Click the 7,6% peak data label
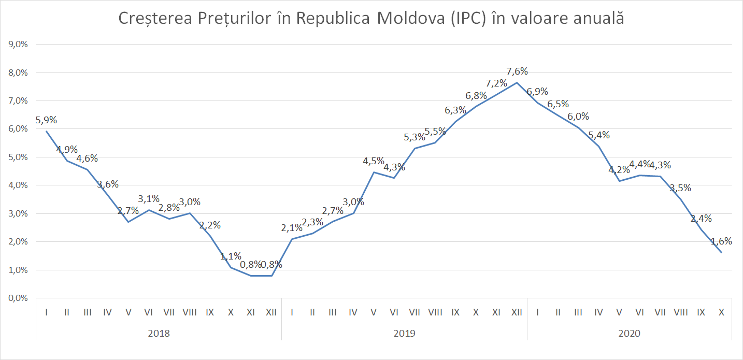(518, 71)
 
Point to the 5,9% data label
(46, 120)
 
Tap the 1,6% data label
(721, 241)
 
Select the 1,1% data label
(231, 256)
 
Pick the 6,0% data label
(578, 117)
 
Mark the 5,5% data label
(435, 132)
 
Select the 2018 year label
(159, 334)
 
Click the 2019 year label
(404, 334)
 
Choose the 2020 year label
(629, 334)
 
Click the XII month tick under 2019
(517, 312)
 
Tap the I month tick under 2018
(47, 312)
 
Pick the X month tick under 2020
(721, 312)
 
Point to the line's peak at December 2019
(517, 83)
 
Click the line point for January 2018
(47, 131)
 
